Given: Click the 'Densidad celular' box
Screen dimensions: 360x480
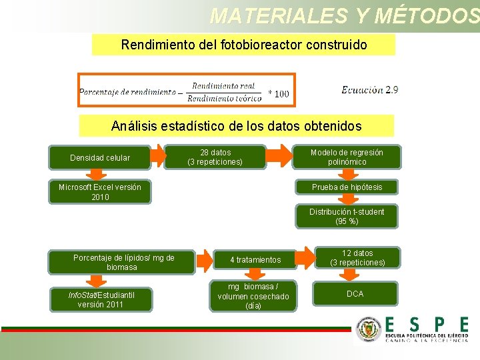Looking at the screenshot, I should click(x=100, y=158).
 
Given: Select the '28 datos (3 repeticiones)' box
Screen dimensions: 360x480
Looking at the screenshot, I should click(x=215, y=157).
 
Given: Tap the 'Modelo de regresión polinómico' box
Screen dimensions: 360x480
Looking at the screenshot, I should click(x=347, y=157).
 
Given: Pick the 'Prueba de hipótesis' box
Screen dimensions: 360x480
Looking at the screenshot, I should click(x=347, y=187).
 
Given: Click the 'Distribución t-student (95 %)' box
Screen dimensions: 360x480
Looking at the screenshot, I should click(x=347, y=216).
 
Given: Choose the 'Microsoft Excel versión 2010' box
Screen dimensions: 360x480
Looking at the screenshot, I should click(x=100, y=192).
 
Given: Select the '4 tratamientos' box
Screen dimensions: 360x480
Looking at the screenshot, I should click(x=255, y=259).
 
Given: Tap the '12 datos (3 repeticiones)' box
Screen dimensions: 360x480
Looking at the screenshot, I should click(x=357, y=258).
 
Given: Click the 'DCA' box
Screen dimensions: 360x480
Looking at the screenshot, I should click(x=355, y=294).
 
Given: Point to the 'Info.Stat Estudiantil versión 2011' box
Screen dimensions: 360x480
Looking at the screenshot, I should click(x=101, y=299).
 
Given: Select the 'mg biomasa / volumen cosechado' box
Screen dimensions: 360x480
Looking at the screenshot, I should click(x=253, y=296).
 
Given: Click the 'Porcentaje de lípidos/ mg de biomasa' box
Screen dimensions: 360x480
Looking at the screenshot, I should click(x=123, y=263).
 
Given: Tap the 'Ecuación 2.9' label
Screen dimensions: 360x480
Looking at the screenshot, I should click(x=370, y=90).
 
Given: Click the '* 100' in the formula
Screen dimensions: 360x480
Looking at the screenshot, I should click(x=279, y=94).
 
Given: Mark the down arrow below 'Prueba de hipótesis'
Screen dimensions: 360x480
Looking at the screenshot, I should click(x=347, y=200).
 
